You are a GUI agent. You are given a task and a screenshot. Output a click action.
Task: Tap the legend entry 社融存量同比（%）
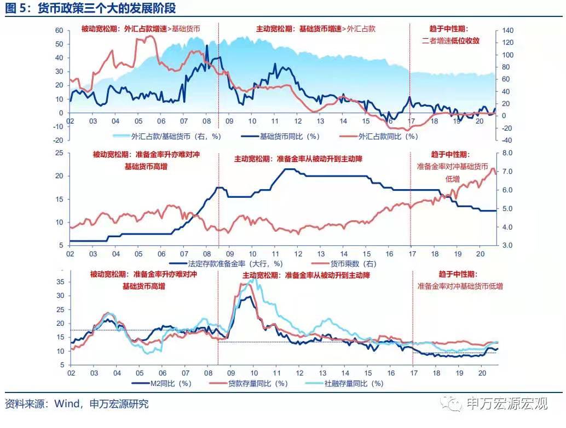point(354,383)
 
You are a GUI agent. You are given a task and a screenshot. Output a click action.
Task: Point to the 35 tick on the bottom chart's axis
point(61,282)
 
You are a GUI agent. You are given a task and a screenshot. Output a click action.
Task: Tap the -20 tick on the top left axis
point(59,140)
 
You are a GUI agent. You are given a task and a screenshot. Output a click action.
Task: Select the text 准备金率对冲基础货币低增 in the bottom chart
point(460,286)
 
